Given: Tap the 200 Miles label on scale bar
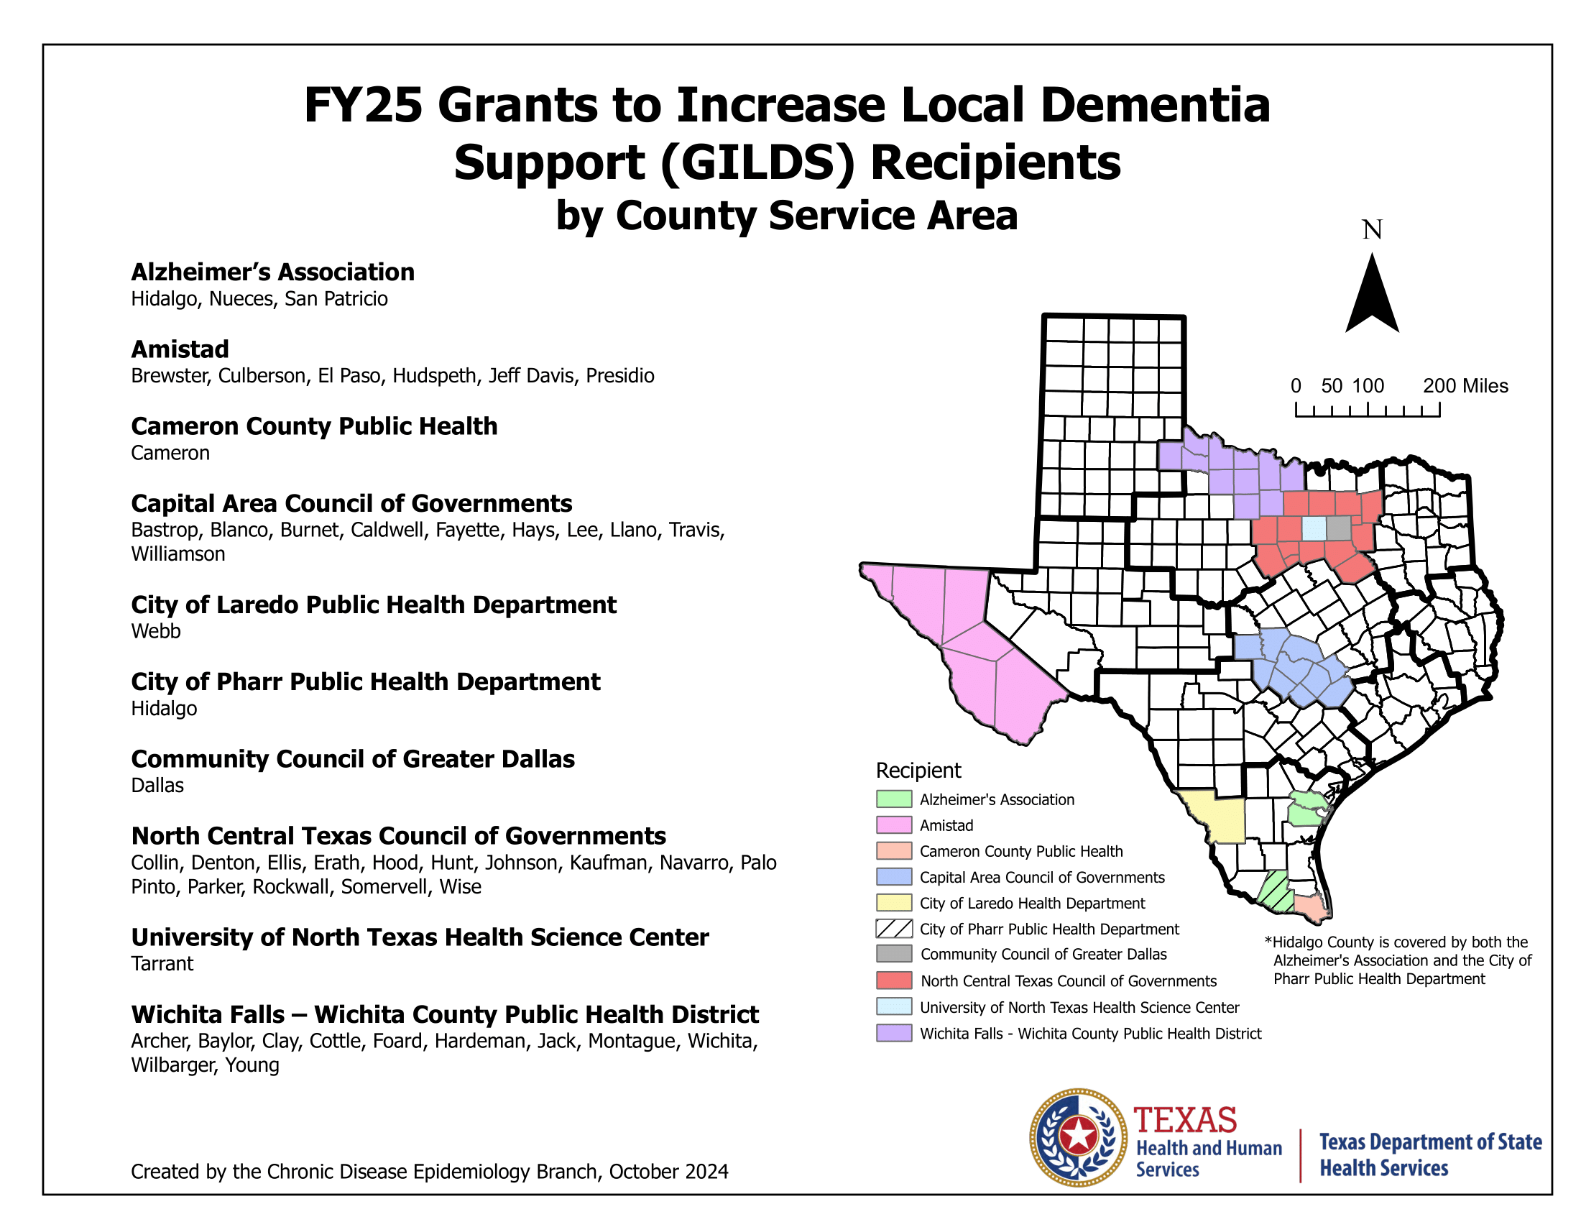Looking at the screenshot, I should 1465,386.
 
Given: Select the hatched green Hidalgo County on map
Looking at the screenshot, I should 1275,892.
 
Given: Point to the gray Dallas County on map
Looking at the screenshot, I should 1339,528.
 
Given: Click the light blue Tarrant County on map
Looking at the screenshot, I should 1314,528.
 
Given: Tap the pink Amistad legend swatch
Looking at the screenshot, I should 893,825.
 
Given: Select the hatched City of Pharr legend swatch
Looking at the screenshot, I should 893,929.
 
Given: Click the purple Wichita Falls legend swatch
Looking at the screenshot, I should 893,1033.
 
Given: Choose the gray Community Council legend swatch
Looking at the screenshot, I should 893,954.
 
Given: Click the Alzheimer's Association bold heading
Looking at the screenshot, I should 272,272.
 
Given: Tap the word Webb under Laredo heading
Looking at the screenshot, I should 156,631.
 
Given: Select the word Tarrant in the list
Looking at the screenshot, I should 162,963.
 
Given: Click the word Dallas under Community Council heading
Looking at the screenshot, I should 157,786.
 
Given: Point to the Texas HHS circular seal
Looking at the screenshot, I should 1078,1137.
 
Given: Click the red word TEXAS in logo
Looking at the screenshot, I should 1185,1121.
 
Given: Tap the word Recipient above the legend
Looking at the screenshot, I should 918,771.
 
